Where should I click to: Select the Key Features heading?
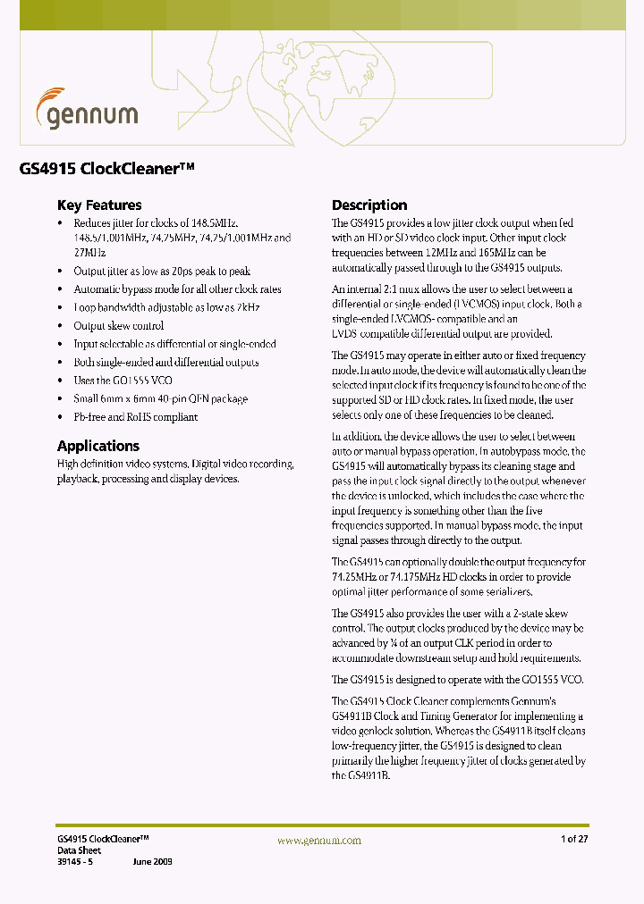pyautogui.click(x=99, y=205)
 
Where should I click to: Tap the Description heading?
pyautogui.click(x=369, y=205)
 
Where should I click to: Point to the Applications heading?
pyautogui.click(x=98, y=446)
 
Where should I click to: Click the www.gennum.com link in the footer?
pyautogui.click(x=319, y=841)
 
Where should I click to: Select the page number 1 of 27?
pyautogui.click(x=574, y=839)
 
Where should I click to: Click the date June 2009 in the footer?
pyautogui.click(x=152, y=861)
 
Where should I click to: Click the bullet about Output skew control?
pyautogui.click(x=119, y=326)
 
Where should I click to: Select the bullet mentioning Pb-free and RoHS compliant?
pyautogui.click(x=136, y=417)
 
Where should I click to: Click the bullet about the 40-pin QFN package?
pyautogui.click(x=160, y=399)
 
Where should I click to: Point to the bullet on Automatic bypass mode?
pyautogui.click(x=177, y=289)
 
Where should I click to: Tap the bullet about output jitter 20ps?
pyautogui.click(x=162, y=272)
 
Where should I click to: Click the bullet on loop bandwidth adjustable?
pyautogui.click(x=166, y=308)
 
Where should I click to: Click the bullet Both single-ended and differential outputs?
pyautogui.click(x=166, y=363)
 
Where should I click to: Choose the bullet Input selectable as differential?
pyautogui.click(x=174, y=344)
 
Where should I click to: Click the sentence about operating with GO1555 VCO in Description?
pyautogui.click(x=457, y=680)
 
